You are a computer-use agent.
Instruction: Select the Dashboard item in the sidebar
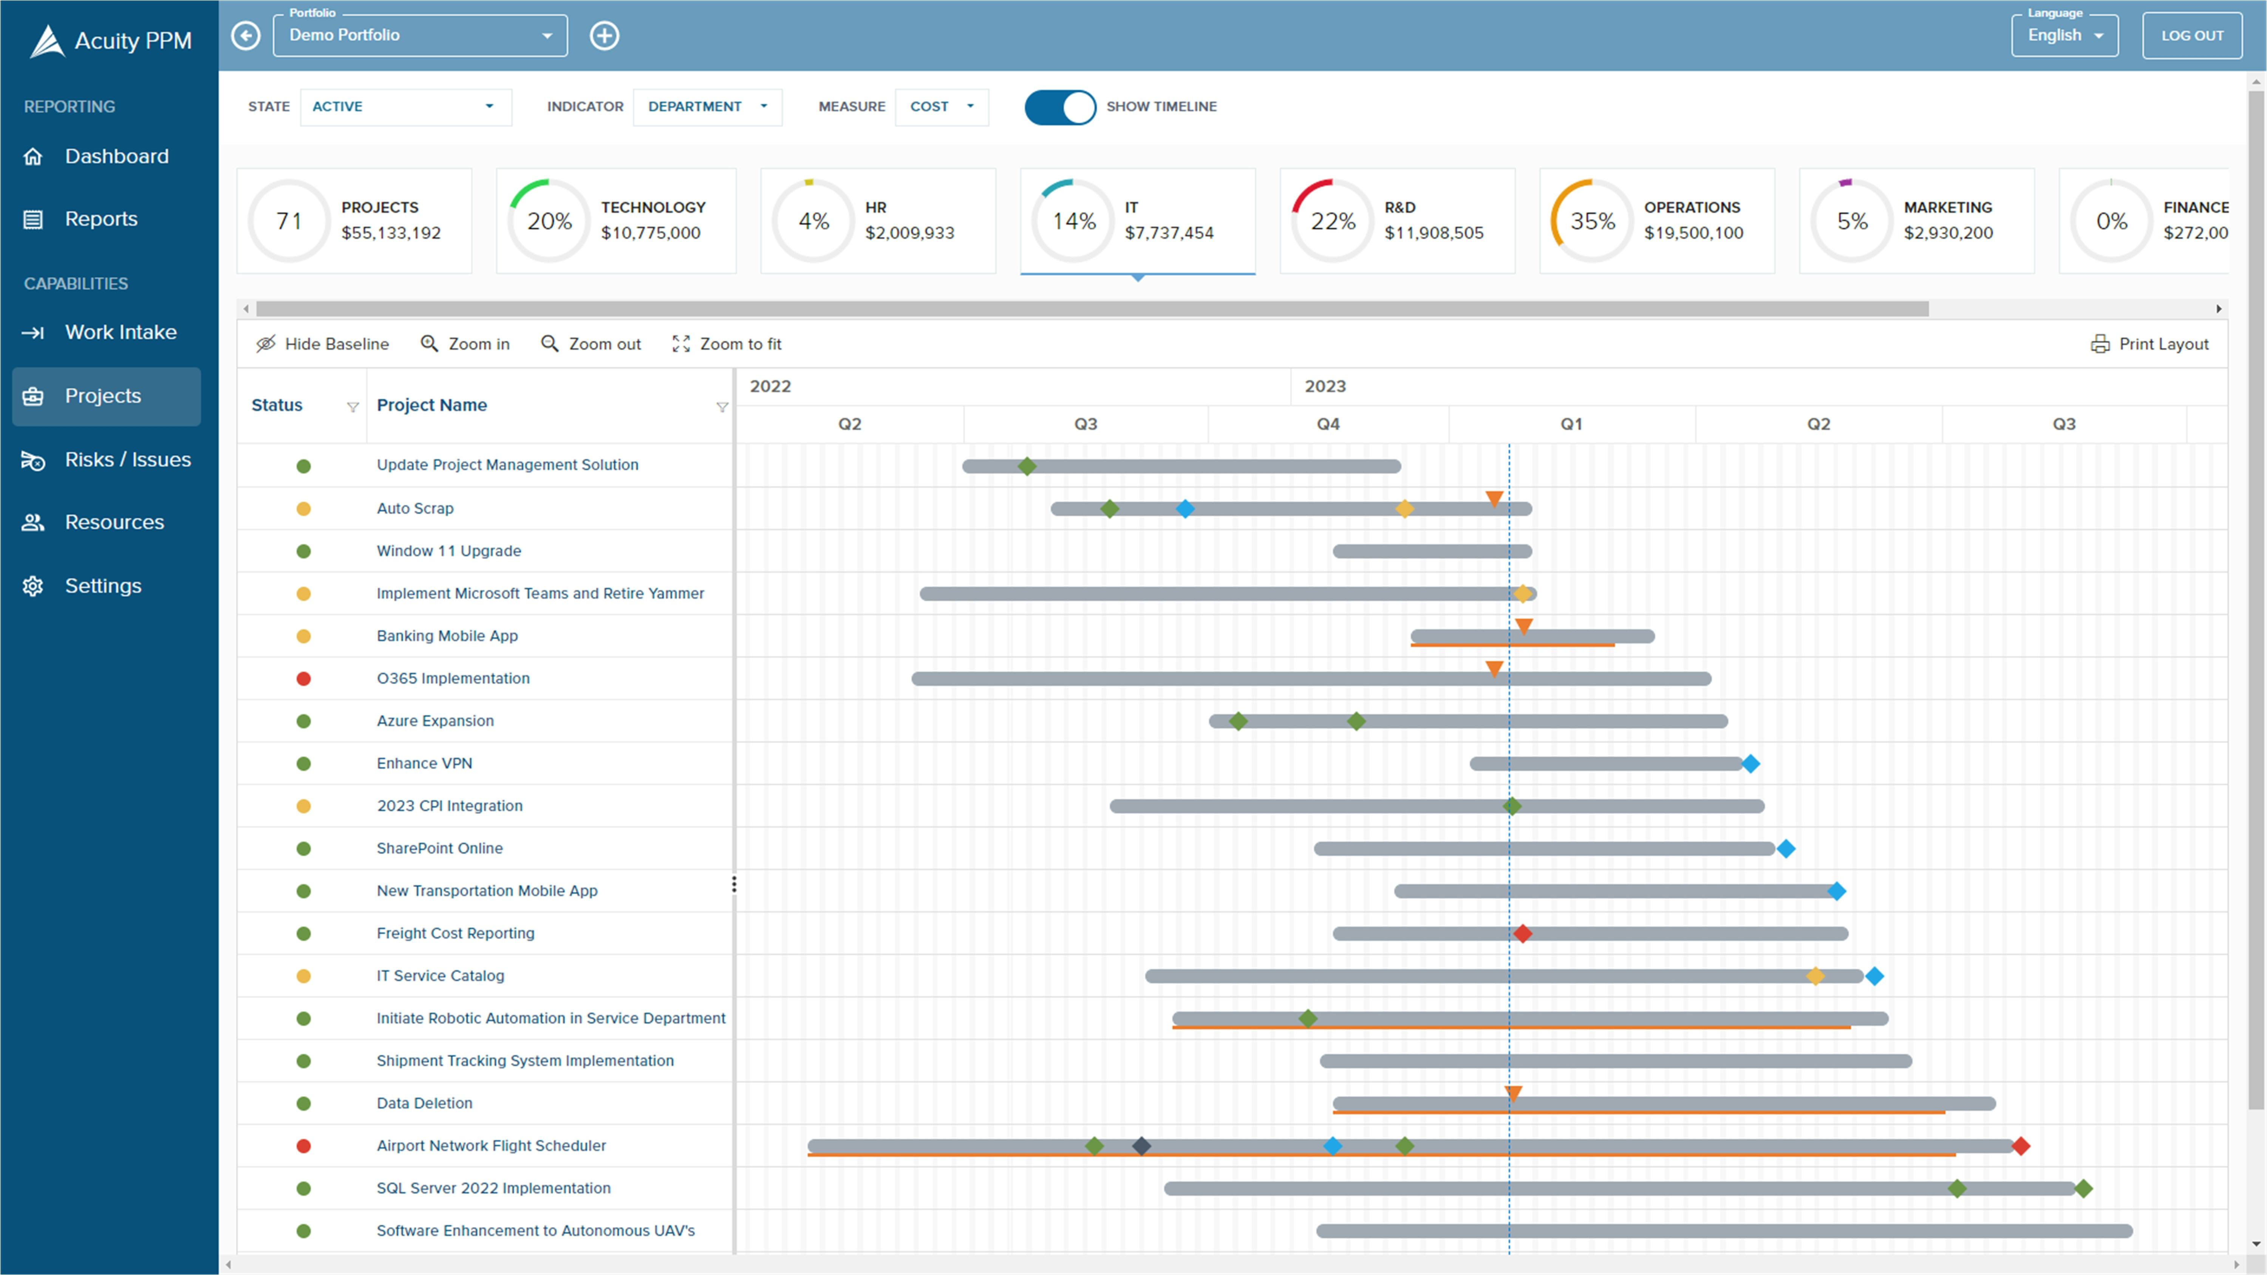(x=116, y=157)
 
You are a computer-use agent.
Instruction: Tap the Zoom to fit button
(x=727, y=344)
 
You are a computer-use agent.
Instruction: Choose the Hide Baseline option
(x=322, y=344)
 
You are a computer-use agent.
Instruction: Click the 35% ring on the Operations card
(x=1592, y=221)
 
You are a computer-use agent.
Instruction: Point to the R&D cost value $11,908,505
(x=1433, y=233)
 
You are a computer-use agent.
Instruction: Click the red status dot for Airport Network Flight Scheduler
(x=304, y=1146)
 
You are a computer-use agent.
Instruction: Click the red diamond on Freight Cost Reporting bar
(x=1523, y=933)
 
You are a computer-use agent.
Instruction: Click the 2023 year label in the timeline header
(x=1324, y=386)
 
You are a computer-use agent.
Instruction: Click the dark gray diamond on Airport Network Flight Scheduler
(x=1141, y=1146)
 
